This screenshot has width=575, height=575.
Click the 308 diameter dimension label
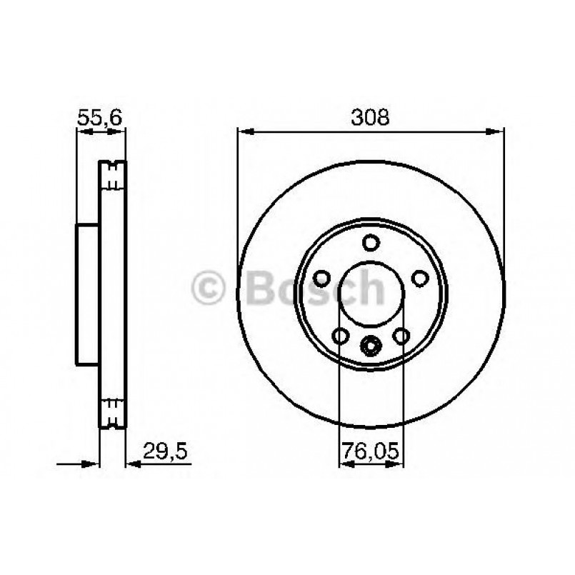click(x=370, y=117)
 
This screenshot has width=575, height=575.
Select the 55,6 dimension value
click(x=99, y=118)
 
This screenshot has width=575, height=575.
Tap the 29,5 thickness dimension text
click(x=166, y=451)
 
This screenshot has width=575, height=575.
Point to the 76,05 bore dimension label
click(x=370, y=451)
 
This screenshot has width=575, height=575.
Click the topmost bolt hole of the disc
click(x=371, y=243)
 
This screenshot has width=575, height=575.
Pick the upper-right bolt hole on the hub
click(x=420, y=278)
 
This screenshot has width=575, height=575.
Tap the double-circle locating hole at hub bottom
click(x=370, y=346)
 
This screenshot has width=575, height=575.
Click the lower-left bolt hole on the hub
click(x=340, y=336)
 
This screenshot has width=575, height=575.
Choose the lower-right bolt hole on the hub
click(x=401, y=336)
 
